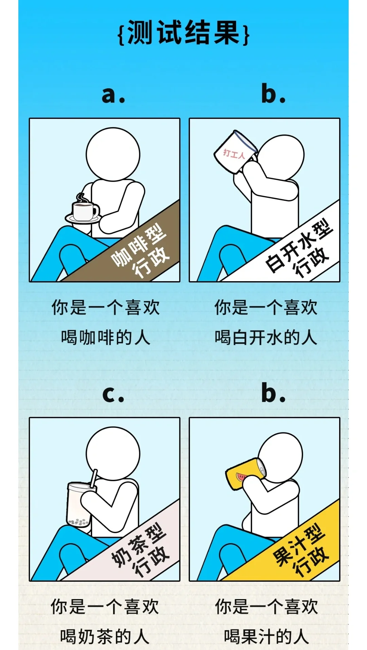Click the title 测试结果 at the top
183,33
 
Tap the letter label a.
113,94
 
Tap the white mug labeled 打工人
235,152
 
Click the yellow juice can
246,473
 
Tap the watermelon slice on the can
242,477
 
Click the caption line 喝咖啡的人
105,338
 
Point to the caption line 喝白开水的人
266,338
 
